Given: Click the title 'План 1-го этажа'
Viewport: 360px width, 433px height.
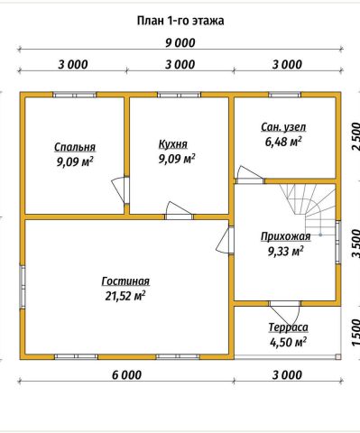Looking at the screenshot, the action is (x=180, y=21).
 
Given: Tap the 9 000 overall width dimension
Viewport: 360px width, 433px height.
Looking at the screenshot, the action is (x=180, y=42).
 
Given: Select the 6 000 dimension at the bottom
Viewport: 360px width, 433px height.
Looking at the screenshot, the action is (x=126, y=375).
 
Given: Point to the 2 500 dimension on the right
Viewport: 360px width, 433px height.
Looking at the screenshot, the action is (x=355, y=136).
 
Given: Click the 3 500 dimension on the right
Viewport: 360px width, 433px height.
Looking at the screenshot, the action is (x=355, y=244).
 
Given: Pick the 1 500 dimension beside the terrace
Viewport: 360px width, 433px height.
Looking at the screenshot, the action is (x=355, y=333).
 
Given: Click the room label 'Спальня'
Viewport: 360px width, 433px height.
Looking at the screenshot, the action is (x=75, y=147).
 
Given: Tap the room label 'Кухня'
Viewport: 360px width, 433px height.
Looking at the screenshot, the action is (x=173, y=144).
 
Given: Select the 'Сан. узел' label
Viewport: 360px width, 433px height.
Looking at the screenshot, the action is (x=283, y=127).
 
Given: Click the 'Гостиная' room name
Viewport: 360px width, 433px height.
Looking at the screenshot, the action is (x=125, y=281).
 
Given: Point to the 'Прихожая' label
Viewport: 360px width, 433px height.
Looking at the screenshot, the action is (x=285, y=236).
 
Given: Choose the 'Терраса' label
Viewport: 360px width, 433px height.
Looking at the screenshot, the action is (x=288, y=327).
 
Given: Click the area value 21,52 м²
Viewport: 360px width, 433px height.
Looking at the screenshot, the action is (x=125, y=296).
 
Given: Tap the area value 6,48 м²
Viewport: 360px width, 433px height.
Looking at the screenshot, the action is (x=283, y=142).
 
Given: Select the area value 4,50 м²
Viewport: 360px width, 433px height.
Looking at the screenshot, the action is (x=288, y=342).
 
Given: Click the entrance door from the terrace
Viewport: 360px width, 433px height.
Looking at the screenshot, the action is (x=285, y=313).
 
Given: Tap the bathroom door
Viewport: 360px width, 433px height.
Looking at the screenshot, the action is (x=249, y=175).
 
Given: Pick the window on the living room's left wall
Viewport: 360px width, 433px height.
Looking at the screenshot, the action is (x=23, y=287).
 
